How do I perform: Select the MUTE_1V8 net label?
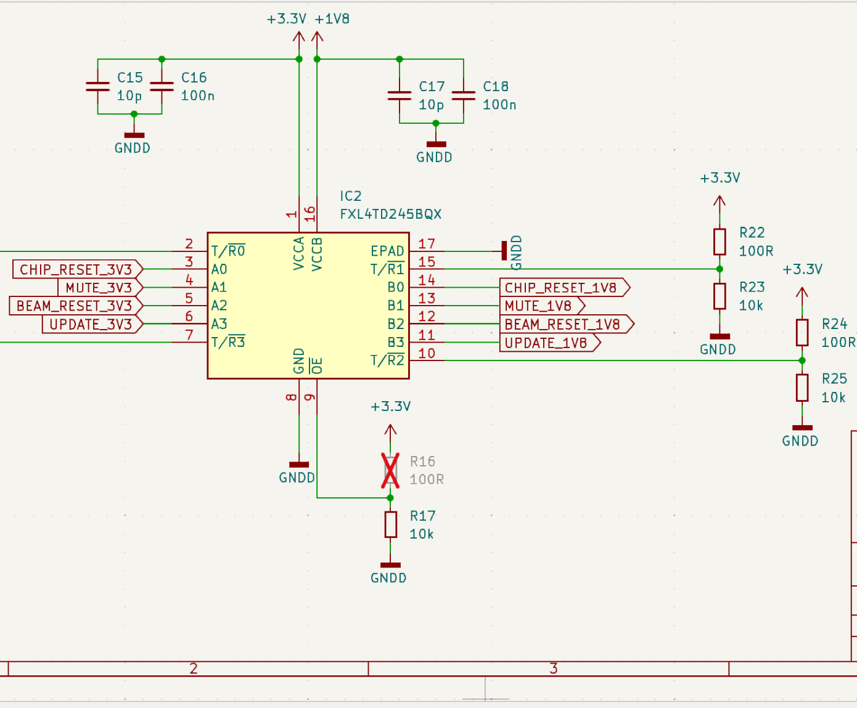coord(543,306)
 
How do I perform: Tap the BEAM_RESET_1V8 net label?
coord(567,324)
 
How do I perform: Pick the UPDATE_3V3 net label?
coord(92,324)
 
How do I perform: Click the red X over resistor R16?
coord(390,471)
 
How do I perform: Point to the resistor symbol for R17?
coord(390,524)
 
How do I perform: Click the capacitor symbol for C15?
coord(97,86)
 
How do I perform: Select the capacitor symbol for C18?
coord(464,96)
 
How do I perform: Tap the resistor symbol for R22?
coord(720,242)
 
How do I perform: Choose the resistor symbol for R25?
coord(802,388)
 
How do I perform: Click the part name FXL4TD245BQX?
coord(390,214)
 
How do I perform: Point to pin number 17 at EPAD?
coord(427,244)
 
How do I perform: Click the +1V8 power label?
coord(332,19)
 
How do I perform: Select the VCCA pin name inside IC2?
coord(299,253)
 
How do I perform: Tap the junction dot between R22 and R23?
coord(720,269)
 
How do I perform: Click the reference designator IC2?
coord(351,196)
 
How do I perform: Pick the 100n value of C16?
coord(197,96)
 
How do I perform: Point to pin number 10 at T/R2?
coord(427,353)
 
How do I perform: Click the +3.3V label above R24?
coord(802,269)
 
